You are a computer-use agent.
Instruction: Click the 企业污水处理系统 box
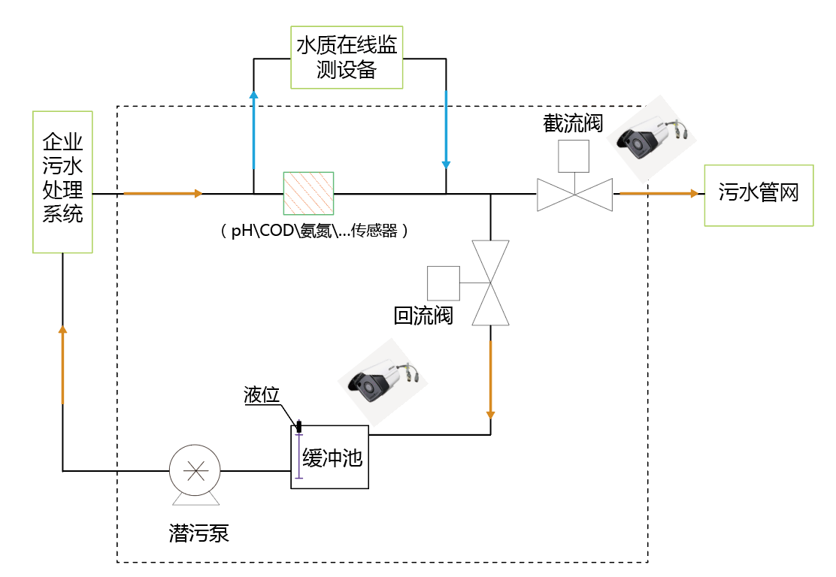(x=62, y=181)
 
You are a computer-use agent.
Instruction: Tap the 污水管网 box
(x=758, y=195)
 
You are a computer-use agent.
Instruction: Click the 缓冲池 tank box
(x=330, y=456)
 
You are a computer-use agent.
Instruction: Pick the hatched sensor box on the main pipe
(x=308, y=194)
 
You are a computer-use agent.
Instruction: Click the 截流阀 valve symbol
(x=574, y=195)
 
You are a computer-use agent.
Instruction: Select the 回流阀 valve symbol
(x=490, y=282)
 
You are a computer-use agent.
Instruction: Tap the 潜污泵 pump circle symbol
(x=195, y=471)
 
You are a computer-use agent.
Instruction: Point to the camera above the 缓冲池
(x=382, y=380)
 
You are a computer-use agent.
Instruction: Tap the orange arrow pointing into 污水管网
(x=659, y=194)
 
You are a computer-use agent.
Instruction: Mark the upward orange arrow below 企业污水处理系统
(x=62, y=364)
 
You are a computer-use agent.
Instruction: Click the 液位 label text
(x=262, y=395)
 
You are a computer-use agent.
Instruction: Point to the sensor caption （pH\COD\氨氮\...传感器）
(x=314, y=231)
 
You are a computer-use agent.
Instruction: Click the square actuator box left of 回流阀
(x=444, y=282)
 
